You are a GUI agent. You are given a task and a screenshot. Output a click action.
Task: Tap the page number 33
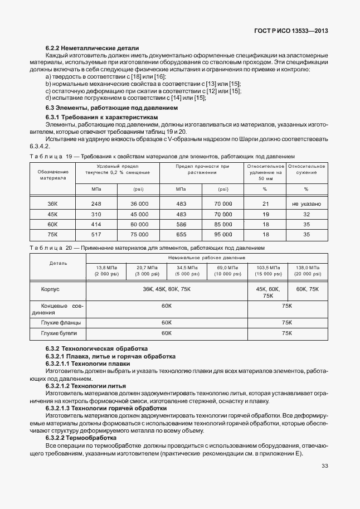(x=324, y=467)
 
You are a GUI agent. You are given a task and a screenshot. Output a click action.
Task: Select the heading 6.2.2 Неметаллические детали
(x=92, y=49)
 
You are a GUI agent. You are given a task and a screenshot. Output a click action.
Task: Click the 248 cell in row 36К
(x=96, y=204)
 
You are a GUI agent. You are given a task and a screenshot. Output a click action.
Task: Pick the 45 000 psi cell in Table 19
(x=139, y=214)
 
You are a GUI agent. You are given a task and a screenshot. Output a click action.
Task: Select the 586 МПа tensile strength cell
(x=181, y=224)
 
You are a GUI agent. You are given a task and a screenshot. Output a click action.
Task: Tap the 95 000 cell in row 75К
(x=223, y=235)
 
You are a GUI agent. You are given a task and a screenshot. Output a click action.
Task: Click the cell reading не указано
(x=306, y=204)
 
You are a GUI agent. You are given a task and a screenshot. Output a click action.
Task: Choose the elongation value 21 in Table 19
(x=265, y=204)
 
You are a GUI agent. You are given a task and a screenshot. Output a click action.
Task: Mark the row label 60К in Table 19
(x=52, y=224)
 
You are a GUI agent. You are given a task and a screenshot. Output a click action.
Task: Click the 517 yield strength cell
(x=96, y=235)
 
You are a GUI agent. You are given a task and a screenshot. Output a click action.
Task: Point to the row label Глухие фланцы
(x=61, y=323)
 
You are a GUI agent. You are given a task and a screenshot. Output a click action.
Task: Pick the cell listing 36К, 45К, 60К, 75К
(x=166, y=289)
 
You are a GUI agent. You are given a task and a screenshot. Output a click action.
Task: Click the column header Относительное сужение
(x=306, y=169)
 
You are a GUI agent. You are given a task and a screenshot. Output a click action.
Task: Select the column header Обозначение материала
(x=52, y=174)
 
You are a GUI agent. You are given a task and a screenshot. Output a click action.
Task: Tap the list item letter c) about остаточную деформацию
(x=48, y=91)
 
